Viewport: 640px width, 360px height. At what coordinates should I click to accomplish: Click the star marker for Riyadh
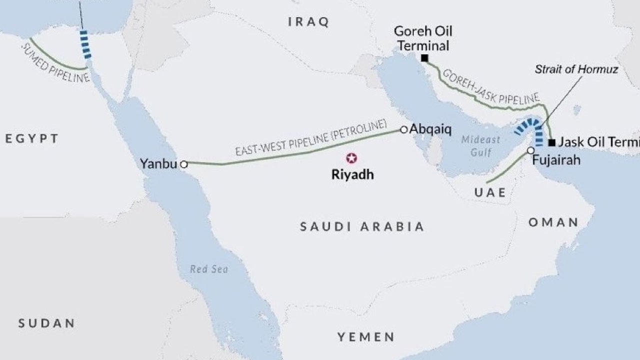352,159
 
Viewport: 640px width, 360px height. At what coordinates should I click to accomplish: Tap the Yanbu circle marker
183,164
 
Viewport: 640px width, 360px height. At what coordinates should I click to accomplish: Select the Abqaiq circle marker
404,130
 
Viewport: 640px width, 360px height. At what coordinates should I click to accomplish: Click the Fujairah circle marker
530,150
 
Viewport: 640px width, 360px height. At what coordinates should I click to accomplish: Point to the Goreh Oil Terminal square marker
424,58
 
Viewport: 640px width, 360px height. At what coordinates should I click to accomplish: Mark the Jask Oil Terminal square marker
551,142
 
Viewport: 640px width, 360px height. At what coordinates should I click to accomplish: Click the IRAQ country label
309,22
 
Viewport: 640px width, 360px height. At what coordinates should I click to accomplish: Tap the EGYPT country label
32,138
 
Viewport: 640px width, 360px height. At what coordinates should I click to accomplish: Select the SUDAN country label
46,323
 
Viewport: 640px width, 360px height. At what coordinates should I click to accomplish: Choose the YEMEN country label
365,336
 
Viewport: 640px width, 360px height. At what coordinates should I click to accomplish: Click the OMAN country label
553,222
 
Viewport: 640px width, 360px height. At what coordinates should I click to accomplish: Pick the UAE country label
490,192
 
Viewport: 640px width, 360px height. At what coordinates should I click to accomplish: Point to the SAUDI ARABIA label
362,226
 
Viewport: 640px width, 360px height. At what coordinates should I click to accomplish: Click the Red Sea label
209,269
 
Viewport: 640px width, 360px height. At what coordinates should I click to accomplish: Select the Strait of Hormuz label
576,69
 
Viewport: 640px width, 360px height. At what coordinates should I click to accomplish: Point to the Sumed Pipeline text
55,63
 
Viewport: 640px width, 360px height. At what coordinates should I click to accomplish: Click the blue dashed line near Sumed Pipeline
85,44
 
